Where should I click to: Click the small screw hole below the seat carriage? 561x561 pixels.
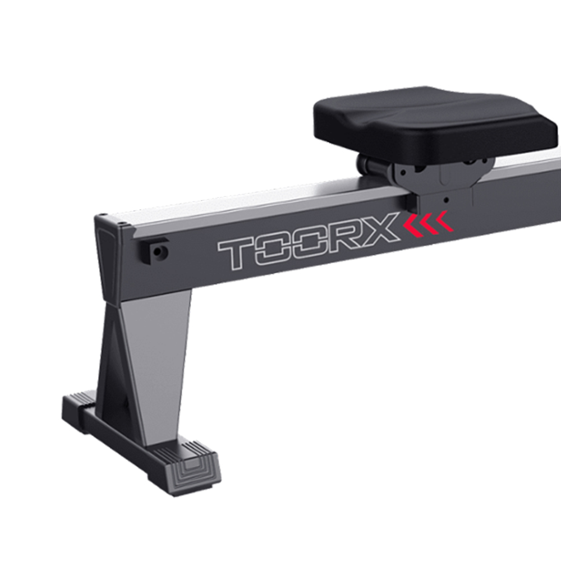click(447, 200)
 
